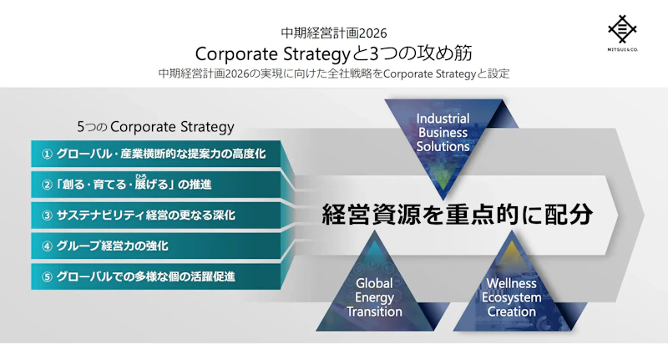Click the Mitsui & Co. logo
tap(622, 33)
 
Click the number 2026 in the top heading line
tap(373, 33)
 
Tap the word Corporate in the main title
tap(236, 54)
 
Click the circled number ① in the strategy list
tap(47, 155)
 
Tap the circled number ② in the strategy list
tap(47, 185)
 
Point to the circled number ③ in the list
tap(47, 215)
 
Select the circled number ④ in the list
tap(47, 246)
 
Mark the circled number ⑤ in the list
tap(47, 277)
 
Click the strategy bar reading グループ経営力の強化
tap(156, 246)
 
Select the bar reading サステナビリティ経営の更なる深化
tap(156, 215)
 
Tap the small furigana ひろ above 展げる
tap(141, 176)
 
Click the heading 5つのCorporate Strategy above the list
tap(155, 127)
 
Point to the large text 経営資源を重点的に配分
tap(457, 214)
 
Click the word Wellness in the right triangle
tap(512, 283)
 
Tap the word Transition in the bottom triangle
tap(374, 312)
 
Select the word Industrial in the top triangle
tap(443, 119)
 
